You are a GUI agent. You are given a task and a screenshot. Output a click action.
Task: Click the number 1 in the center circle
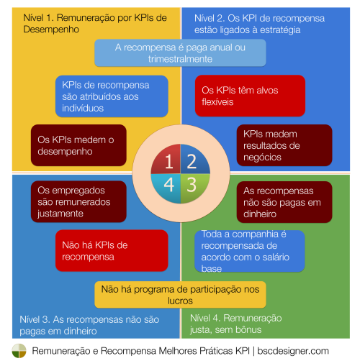(169, 161)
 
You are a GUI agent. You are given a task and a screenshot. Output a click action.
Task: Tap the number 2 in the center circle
(192, 161)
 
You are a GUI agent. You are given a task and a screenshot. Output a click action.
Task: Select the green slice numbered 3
(195, 188)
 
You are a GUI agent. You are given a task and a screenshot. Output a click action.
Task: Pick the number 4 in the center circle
(169, 185)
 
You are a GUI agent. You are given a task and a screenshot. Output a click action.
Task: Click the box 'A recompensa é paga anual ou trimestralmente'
(180, 53)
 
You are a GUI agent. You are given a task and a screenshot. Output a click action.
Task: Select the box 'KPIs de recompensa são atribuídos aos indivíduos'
(112, 96)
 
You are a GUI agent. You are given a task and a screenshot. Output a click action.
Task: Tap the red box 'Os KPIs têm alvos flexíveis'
(250, 96)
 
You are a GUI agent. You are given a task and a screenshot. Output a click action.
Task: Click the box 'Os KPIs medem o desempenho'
(78, 145)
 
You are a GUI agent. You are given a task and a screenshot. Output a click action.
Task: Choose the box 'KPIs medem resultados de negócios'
(284, 145)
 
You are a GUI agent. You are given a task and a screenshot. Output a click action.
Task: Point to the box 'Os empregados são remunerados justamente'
(78, 201)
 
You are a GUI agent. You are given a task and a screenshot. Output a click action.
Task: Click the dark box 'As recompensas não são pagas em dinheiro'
(284, 202)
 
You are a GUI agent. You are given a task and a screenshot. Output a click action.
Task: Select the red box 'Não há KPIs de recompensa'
(112, 251)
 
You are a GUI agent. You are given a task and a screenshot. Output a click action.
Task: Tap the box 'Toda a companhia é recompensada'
(250, 251)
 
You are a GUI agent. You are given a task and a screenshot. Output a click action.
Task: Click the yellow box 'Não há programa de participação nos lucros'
(180, 295)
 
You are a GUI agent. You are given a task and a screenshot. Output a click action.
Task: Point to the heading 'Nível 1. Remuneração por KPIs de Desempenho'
(95, 24)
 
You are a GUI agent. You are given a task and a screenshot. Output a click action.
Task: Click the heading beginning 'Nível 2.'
(259, 24)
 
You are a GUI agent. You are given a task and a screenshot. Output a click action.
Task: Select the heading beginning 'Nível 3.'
(89, 325)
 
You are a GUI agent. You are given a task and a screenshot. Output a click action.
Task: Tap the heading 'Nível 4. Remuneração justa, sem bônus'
(236, 324)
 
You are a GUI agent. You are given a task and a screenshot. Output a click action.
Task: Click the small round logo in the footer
(19, 351)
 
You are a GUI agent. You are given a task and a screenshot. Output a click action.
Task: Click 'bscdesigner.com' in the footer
(293, 351)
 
